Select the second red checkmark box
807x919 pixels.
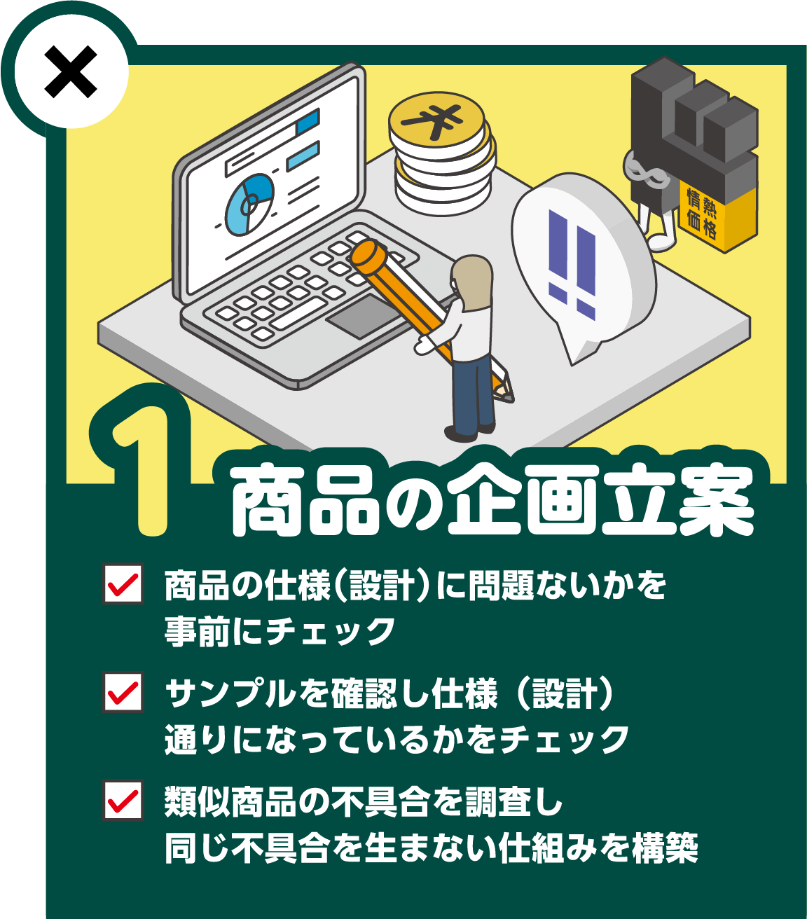(123, 691)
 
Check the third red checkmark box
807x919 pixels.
(123, 799)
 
